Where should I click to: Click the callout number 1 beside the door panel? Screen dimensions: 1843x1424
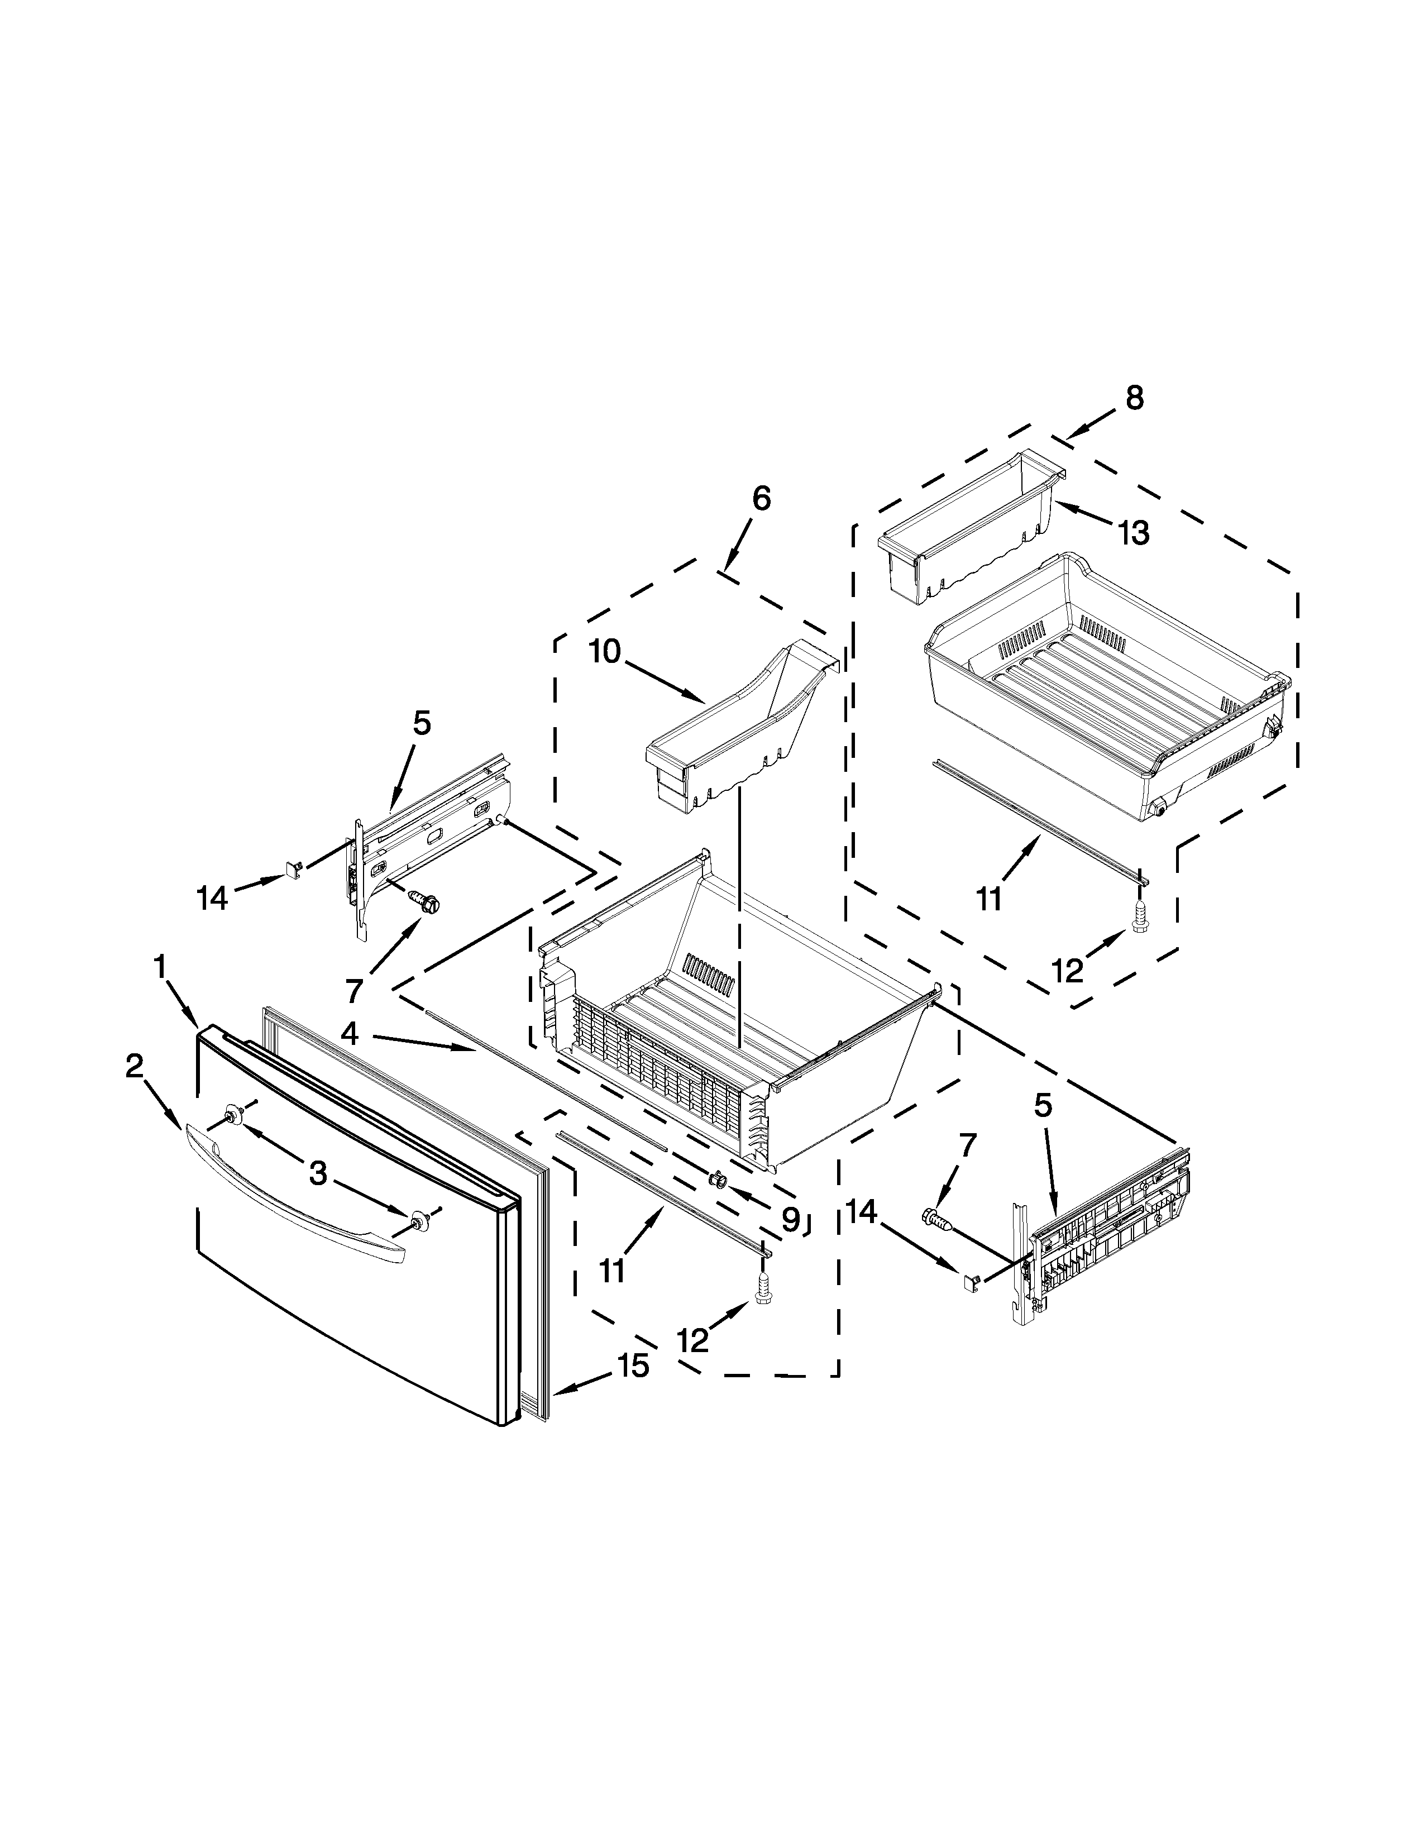[x=159, y=967]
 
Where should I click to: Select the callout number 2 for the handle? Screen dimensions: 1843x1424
[x=134, y=1067]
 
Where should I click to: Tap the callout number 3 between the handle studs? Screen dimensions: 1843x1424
[x=317, y=1173]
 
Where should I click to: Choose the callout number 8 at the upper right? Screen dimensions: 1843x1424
[x=1135, y=398]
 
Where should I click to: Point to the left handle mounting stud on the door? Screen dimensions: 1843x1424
[x=232, y=1118]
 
